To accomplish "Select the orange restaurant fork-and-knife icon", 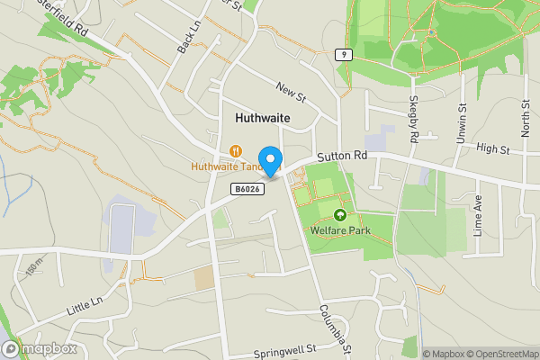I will coord(236,151).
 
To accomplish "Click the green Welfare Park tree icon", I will coord(340,215).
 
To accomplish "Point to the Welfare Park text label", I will coord(340,230).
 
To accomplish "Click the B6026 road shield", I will coord(247,188).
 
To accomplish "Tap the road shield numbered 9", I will coord(343,55).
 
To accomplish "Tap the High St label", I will coord(492,148).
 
